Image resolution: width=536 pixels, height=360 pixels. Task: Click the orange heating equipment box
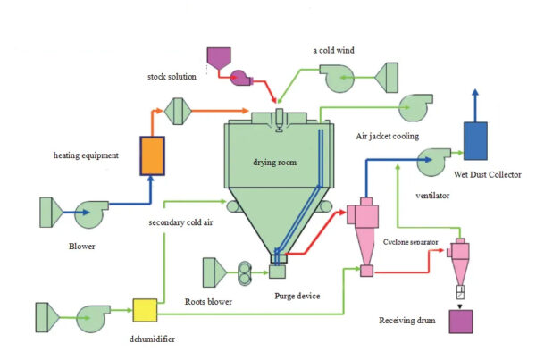pyautogui.click(x=153, y=155)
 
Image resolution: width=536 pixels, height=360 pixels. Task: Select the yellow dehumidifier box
pyautogui.click(x=145, y=311)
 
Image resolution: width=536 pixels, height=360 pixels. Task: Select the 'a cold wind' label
pyautogui.click(x=334, y=50)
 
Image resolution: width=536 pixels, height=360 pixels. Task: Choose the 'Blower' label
pyautogui.click(x=80, y=243)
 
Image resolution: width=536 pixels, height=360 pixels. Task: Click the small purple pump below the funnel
pyautogui.click(x=239, y=78)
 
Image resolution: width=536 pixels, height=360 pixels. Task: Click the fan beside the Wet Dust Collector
pyautogui.click(x=434, y=163)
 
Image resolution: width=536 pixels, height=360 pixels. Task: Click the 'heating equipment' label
pyautogui.click(x=86, y=155)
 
